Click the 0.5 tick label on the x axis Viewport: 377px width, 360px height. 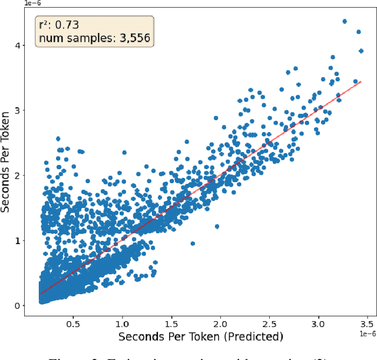(73, 324)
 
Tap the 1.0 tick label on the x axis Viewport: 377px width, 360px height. (122, 324)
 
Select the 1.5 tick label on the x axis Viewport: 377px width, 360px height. (171, 324)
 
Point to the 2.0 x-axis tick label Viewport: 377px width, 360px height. (220, 324)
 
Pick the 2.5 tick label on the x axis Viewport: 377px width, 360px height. (269, 324)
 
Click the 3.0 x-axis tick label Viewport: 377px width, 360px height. (319, 324)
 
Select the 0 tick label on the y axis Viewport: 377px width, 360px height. (18, 305)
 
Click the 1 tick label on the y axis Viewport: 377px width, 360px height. (18, 240)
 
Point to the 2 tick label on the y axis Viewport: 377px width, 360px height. (18, 176)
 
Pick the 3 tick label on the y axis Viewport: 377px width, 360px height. (18, 110)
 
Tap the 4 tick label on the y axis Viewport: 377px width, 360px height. (18, 45)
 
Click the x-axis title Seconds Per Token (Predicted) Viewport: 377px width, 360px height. (200, 337)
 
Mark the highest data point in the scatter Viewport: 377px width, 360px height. (345, 21)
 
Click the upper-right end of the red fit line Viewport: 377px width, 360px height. (361, 82)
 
